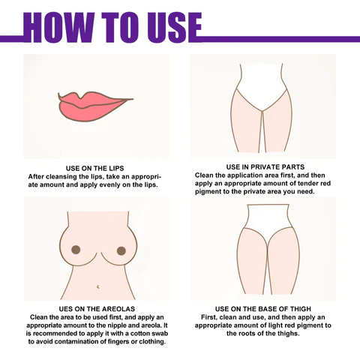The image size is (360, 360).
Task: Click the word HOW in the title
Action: point(59,27)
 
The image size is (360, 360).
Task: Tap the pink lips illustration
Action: point(95,106)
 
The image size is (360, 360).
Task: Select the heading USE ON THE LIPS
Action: point(94,168)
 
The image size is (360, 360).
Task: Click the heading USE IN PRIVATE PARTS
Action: point(265,166)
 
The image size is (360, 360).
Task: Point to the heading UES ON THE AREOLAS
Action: point(97,309)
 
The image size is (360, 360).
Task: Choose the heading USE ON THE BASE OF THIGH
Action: point(263,309)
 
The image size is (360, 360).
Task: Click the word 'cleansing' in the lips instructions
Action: point(61,176)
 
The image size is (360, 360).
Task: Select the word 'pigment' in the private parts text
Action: point(208,191)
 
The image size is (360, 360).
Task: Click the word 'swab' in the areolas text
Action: point(160,334)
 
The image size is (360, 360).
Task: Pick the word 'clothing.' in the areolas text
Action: point(153,342)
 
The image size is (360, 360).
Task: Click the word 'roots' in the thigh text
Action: point(251,334)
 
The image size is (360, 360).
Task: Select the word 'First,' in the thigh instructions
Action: point(209,317)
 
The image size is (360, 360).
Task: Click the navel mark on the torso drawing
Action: point(98,286)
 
